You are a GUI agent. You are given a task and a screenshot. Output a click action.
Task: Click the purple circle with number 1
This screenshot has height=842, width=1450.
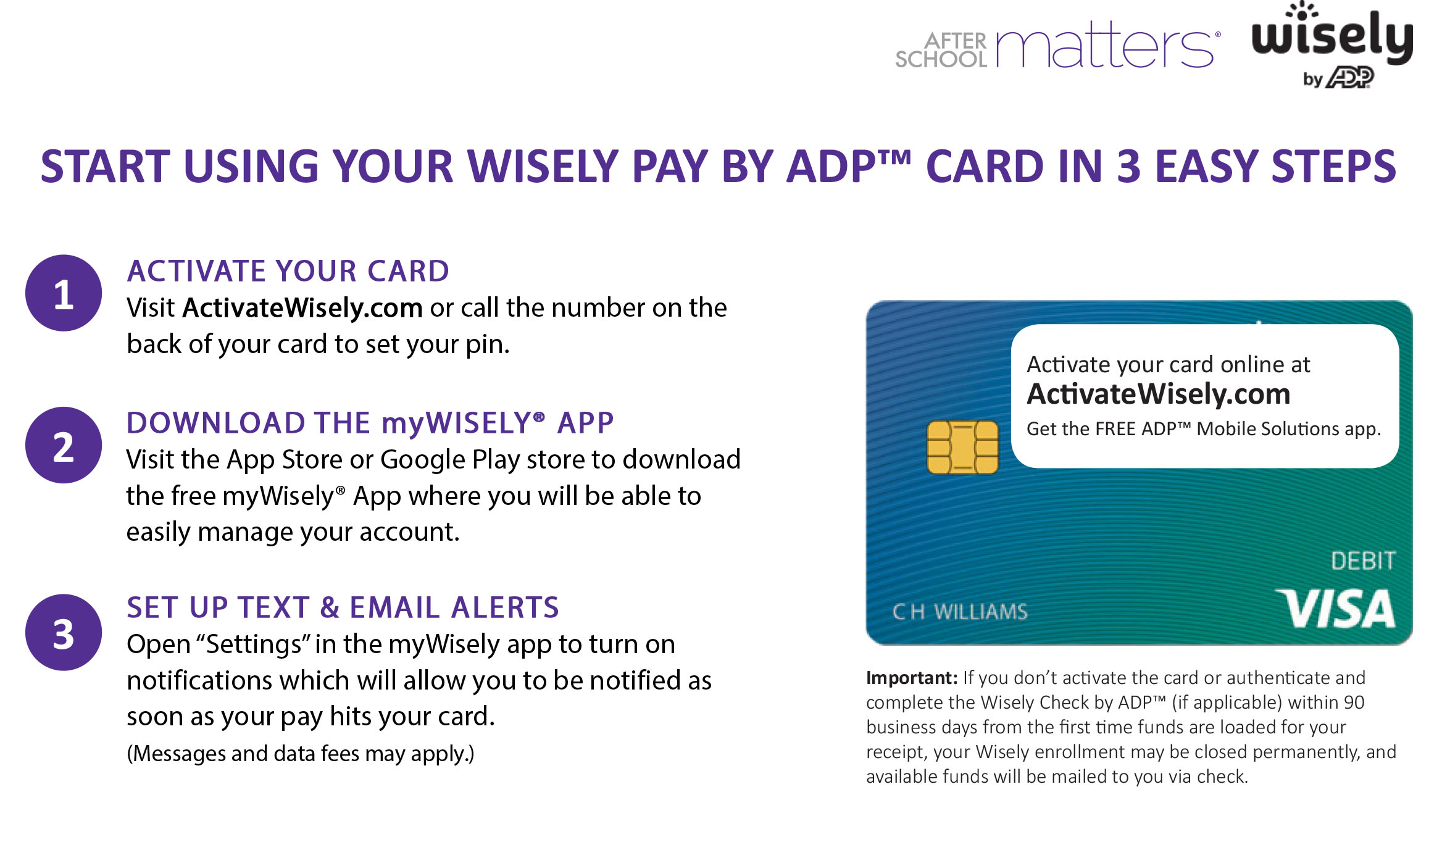64,293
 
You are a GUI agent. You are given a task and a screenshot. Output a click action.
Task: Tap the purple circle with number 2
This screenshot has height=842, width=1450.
64,445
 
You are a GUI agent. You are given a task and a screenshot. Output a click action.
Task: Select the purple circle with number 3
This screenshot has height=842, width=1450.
64,632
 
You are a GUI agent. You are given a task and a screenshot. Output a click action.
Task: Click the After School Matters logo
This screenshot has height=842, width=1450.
1057,44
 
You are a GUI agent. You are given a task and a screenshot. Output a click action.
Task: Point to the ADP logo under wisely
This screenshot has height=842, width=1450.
1351,78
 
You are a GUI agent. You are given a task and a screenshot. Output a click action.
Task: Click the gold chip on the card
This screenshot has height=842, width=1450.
962,448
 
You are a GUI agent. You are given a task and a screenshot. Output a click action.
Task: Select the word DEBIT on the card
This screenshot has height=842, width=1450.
1363,561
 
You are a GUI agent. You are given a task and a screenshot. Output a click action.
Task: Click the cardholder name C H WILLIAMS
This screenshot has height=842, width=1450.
960,612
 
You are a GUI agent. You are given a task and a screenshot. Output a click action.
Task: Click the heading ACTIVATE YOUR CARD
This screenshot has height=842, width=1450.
288,271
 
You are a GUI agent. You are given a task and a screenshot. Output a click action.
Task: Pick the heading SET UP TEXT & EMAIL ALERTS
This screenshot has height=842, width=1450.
343,607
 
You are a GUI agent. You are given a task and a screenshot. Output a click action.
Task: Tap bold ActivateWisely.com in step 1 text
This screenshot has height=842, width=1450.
302,307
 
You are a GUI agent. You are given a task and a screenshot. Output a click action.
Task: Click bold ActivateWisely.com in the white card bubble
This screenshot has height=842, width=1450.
1159,394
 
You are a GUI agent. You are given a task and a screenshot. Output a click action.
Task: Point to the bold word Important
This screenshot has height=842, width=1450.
912,678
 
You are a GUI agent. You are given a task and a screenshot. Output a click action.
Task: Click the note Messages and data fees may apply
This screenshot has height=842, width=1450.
301,754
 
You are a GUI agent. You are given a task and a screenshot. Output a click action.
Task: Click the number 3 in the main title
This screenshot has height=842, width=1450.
1129,167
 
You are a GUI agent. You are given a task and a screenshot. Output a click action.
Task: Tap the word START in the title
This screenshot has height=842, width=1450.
105,167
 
